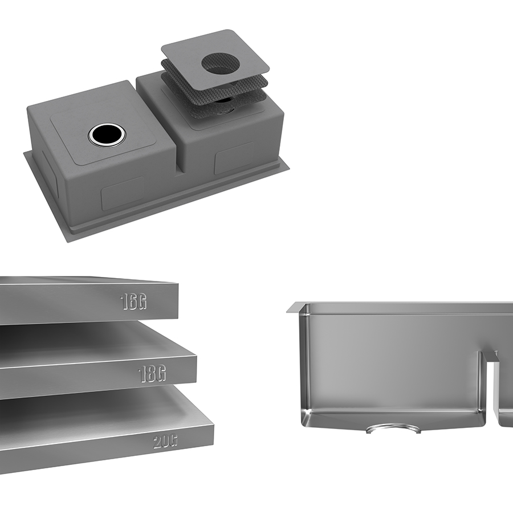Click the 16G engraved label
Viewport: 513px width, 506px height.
coord(133,301)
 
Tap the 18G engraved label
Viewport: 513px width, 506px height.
coord(152,374)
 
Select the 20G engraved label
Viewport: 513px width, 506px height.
coord(165,442)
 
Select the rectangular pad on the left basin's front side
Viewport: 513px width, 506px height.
coord(123,193)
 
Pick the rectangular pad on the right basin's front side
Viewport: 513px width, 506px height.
coord(234,158)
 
